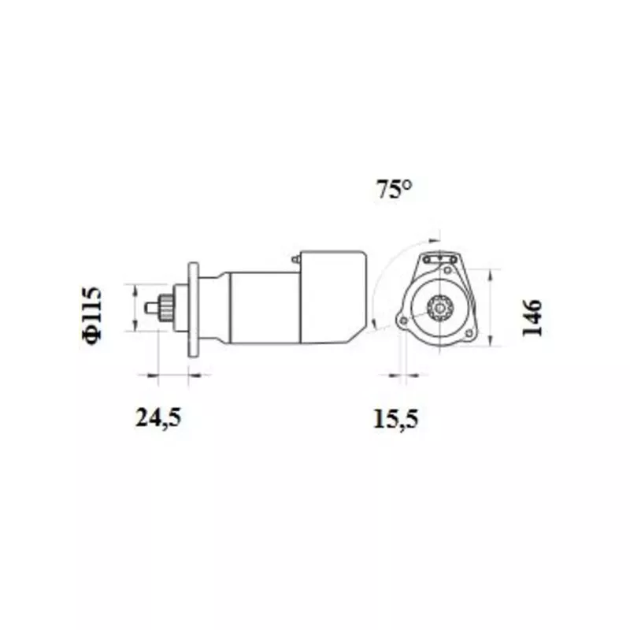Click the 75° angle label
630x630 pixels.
395,189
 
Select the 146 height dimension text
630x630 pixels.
532,317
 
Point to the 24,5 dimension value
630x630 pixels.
158,417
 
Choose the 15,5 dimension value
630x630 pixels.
396,418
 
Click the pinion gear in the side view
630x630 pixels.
165,308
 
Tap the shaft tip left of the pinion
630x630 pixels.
153,308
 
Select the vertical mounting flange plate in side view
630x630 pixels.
193,309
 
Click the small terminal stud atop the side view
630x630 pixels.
297,260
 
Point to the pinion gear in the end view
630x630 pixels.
440,309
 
